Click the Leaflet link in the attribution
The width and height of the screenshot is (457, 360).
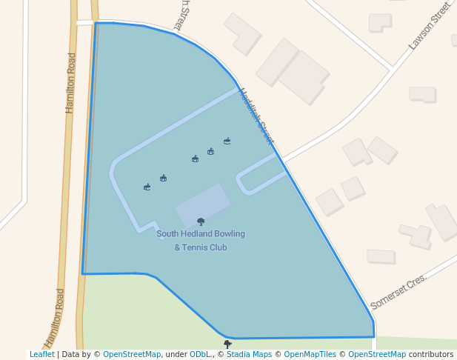tap(41, 355)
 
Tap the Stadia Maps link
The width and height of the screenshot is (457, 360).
tap(249, 355)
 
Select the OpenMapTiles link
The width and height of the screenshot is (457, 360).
tap(307, 355)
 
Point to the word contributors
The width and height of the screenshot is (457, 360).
tap(431, 355)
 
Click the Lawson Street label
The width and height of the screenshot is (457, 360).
tap(429, 27)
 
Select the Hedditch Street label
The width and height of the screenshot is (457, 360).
tap(256, 116)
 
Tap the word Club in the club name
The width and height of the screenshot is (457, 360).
tap(219, 247)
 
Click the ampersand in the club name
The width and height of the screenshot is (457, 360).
tap(177, 247)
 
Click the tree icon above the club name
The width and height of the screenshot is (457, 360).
tap(201, 221)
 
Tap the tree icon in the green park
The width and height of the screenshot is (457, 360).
tap(227, 344)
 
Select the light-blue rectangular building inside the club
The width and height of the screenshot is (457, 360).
tap(203, 204)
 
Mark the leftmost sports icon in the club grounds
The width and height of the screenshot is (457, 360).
tap(147, 187)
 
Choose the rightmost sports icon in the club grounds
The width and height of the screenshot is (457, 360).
tap(227, 140)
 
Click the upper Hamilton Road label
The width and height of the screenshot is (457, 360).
tap(71, 82)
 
